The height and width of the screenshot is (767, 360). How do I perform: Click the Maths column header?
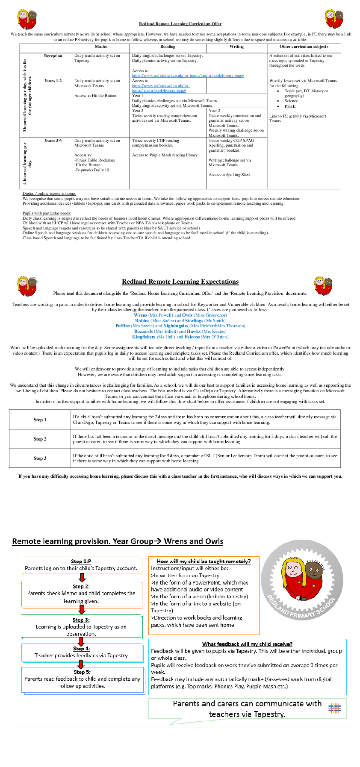pyautogui.click(x=101, y=47)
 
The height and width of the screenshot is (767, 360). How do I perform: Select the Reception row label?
pyautogui.click(x=53, y=56)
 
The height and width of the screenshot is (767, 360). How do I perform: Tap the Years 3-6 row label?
pyautogui.click(x=53, y=141)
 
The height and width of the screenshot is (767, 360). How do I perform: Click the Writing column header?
pyautogui.click(x=236, y=47)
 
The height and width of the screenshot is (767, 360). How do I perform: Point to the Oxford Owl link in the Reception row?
pyautogui.click(x=188, y=76)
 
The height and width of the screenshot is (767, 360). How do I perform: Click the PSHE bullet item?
pyautogui.click(x=290, y=106)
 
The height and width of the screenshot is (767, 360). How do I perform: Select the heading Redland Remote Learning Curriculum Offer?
pyautogui.click(x=180, y=24)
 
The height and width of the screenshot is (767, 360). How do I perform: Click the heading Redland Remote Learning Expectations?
pyautogui.click(x=180, y=282)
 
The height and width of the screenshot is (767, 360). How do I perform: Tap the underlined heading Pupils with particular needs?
pyautogui.click(x=47, y=213)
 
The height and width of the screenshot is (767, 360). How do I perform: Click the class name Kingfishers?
pyautogui.click(x=144, y=337)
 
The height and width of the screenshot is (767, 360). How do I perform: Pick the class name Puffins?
pyautogui.click(x=122, y=326)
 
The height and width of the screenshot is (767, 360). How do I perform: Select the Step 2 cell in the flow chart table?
pyautogui.click(x=40, y=439)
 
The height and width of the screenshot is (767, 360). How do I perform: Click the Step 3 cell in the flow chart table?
pyautogui.click(x=40, y=458)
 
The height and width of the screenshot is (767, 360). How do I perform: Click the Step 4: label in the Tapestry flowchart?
pyautogui.click(x=81, y=649)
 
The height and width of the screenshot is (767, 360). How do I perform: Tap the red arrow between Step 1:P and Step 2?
pyautogui.click(x=82, y=577)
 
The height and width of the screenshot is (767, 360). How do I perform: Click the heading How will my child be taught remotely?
pyautogui.click(x=204, y=561)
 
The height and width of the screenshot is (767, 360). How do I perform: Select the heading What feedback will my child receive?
pyautogui.click(x=247, y=644)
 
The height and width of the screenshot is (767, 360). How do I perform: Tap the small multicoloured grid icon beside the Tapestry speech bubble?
pyautogui.click(x=335, y=708)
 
